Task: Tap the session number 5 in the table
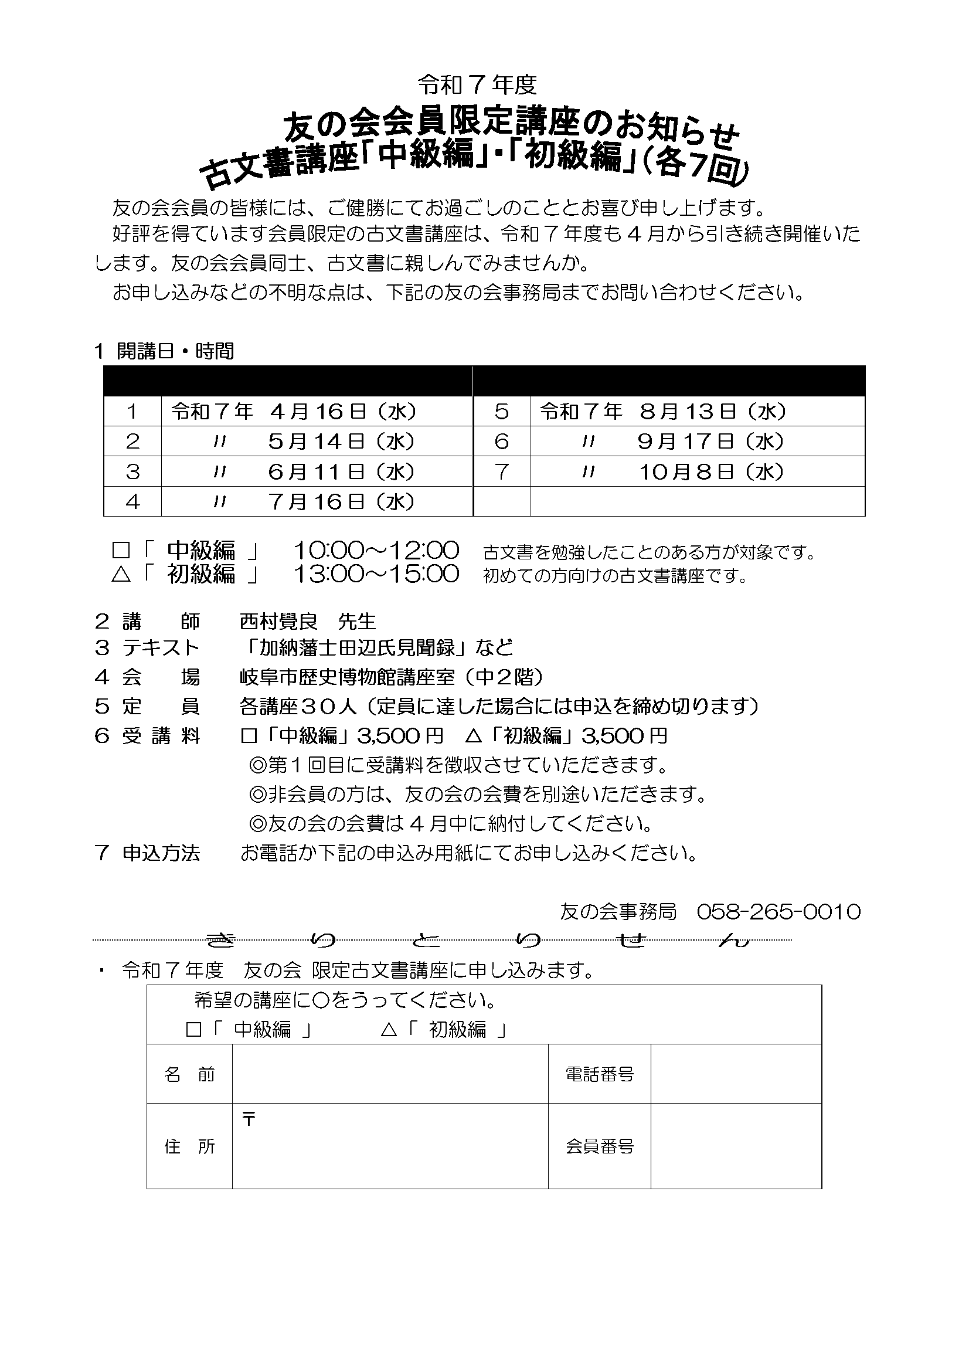tap(502, 412)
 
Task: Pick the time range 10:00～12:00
tap(376, 550)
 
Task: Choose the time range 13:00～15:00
tap(376, 575)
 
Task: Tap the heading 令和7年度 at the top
tap(477, 86)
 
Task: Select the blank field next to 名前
tap(390, 1075)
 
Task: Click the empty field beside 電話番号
tap(736, 1075)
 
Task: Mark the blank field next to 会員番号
tap(736, 1146)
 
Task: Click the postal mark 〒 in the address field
tap(249, 1119)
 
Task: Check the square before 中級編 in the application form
tap(193, 1030)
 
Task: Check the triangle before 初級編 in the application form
tap(389, 1030)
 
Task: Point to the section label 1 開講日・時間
tap(164, 351)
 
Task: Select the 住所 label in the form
tap(189, 1146)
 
